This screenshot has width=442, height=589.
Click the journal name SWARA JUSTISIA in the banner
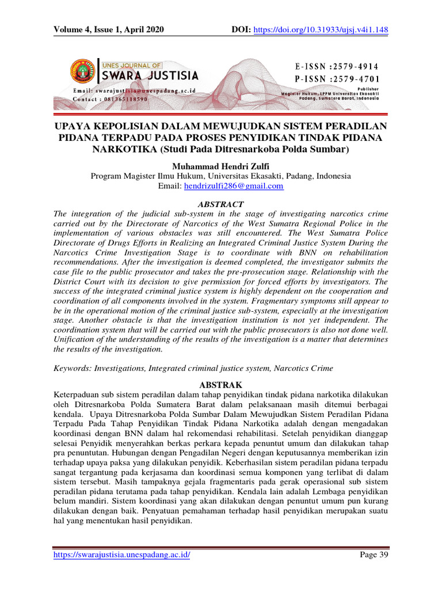click(x=151, y=75)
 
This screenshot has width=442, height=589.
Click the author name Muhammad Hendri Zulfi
click(x=220, y=166)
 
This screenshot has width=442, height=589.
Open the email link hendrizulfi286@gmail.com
click(x=233, y=186)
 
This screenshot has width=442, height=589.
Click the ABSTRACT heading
click(x=220, y=204)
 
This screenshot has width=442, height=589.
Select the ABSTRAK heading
click(x=220, y=384)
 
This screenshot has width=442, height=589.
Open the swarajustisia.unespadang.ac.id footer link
click(x=121, y=554)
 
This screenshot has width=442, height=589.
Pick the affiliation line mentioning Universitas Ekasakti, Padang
click(x=220, y=176)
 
